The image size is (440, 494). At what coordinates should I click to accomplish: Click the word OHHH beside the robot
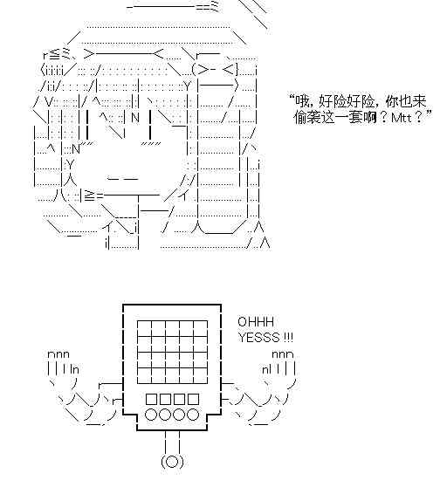[x=256, y=322]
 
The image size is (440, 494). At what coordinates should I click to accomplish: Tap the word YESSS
[x=258, y=338]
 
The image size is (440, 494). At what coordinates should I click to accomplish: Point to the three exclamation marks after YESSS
[x=288, y=338]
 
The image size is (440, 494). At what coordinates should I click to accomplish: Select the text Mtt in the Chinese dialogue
[x=402, y=118]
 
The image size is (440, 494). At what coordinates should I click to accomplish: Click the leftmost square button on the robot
[x=151, y=400]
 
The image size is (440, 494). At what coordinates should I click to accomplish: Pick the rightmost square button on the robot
[x=193, y=400]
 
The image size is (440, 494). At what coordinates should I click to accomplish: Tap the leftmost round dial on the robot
[x=151, y=415]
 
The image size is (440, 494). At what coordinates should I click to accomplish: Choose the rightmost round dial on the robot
[x=193, y=415]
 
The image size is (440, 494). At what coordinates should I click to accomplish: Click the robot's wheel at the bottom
[x=172, y=462]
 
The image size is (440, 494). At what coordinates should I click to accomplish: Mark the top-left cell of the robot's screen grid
[x=144, y=328]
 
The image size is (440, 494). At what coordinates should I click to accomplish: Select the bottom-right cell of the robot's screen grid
[x=201, y=375]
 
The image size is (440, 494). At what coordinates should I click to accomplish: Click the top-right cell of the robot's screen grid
[x=201, y=328]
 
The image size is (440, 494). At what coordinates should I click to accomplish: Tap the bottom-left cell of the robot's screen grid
[x=144, y=375]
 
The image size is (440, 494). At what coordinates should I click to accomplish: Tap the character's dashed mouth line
[x=123, y=179]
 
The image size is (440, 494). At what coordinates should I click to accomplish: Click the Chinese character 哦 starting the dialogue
[x=301, y=101]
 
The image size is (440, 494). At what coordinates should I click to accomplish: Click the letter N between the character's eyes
[x=135, y=118]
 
